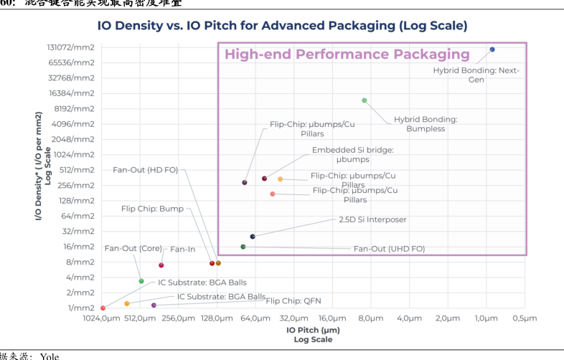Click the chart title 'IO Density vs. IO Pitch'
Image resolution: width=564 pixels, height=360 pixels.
[282, 26]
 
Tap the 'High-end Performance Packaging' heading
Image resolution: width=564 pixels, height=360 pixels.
[347, 55]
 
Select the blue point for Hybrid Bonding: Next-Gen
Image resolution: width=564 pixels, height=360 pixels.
[492, 49]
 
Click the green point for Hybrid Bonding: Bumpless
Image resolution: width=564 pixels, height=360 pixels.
[365, 100]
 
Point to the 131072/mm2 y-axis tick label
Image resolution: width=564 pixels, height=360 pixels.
[71, 47]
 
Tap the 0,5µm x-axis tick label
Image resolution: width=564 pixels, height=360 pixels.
[525, 318]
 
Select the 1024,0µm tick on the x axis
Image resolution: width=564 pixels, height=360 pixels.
[101, 318]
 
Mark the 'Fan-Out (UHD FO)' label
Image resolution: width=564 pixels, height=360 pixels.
[389, 249]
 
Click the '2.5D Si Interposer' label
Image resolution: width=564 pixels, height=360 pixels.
[372, 219]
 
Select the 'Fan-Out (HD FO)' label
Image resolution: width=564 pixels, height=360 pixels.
[146, 170]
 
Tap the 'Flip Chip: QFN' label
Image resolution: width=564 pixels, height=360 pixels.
[293, 301]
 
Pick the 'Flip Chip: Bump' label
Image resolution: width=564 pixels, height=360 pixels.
[152, 209]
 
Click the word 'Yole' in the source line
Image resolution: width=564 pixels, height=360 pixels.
[50, 356]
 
